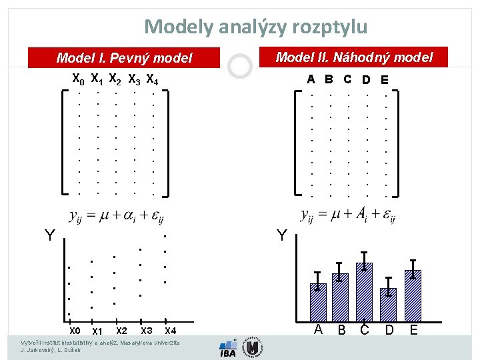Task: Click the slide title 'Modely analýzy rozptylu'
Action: point(255,27)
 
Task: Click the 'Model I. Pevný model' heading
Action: point(124,58)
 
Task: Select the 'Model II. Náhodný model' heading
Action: point(354,57)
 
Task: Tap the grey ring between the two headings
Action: point(239,65)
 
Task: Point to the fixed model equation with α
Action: point(117,216)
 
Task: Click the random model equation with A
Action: point(348,216)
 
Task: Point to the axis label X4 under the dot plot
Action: point(170,331)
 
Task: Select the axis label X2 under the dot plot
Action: point(121,331)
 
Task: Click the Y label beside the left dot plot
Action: point(50,235)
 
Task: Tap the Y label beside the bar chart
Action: point(282,235)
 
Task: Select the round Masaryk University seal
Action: point(252,347)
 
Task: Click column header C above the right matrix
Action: point(347,79)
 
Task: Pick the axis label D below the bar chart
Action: point(389,330)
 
